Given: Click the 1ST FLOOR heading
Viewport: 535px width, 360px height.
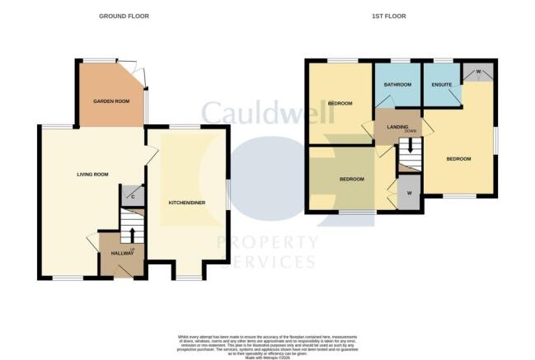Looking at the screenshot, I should tap(401, 16).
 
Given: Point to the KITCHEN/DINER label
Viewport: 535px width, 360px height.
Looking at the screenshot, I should tap(187, 202).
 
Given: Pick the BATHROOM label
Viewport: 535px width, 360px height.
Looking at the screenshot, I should tap(397, 84).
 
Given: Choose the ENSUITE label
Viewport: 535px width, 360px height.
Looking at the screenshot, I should tap(439, 83).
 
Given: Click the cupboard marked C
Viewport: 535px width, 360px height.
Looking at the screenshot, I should tap(133, 195).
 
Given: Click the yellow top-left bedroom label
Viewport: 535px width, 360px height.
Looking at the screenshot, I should tap(340, 103).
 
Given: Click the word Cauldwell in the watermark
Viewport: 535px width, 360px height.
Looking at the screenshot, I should tap(267, 114).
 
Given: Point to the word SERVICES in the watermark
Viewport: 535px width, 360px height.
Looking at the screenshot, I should tap(265, 260).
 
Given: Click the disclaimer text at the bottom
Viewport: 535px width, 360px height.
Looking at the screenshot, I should tap(267, 344).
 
